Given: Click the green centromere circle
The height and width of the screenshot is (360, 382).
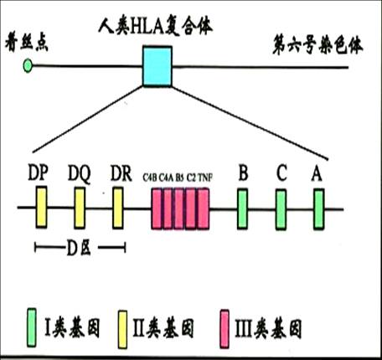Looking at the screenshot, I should pos(28,64).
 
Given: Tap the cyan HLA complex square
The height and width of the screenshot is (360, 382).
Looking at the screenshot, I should pos(157,66).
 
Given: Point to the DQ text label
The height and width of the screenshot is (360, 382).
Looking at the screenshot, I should pos(80,172).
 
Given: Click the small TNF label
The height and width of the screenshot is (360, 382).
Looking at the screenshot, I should pos(205,177).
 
